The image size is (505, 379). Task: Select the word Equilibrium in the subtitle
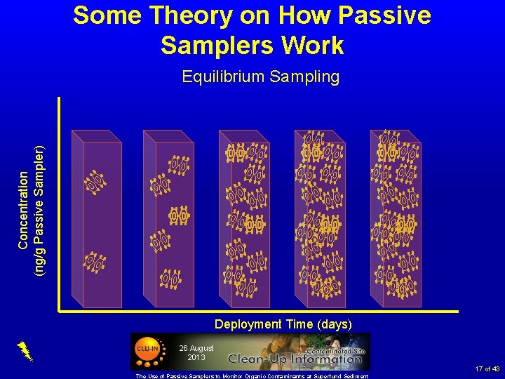click(x=220, y=77)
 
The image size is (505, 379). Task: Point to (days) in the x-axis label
click(x=335, y=324)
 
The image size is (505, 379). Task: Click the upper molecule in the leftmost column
click(x=95, y=182)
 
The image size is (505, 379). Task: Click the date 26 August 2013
click(x=196, y=352)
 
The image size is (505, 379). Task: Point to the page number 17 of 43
click(x=487, y=369)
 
